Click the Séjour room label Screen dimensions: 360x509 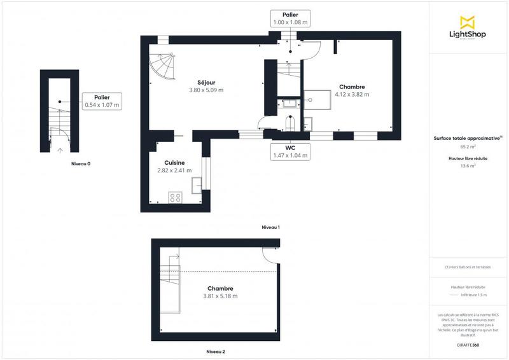(206, 82)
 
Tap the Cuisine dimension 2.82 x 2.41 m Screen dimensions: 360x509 (174, 170)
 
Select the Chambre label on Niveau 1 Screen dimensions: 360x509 (352, 87)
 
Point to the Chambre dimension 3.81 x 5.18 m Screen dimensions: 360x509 (220, 296)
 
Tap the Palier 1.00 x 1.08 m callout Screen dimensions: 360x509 (290, 18)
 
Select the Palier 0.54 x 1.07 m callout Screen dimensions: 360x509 (102, 100)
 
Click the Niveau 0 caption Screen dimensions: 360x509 (80, 163)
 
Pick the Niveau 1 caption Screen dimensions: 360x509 (270, 227)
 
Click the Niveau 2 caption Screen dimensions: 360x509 (216, 351)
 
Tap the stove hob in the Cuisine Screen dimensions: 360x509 (175, 197)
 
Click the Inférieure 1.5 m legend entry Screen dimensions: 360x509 (473, 295)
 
